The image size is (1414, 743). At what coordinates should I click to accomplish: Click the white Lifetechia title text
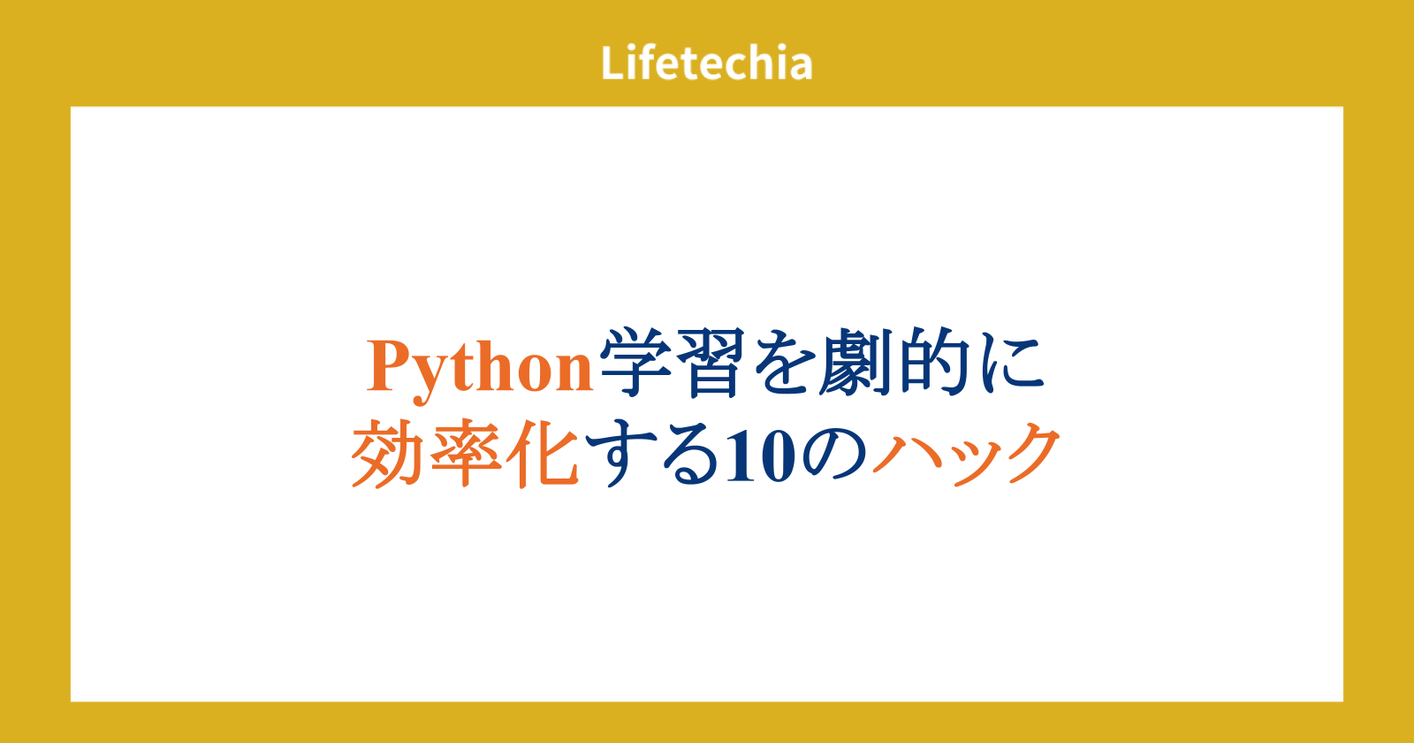[x=706, y=63]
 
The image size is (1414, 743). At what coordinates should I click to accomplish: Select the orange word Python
[x=480, y=370]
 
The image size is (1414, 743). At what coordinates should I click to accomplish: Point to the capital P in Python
[x=390, y=366]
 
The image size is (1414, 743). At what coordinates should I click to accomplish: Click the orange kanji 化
[x=544, y=453]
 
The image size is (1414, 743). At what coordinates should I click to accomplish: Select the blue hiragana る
[x=690, y=454]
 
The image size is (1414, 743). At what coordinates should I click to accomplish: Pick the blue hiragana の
[x=834, y=455]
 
